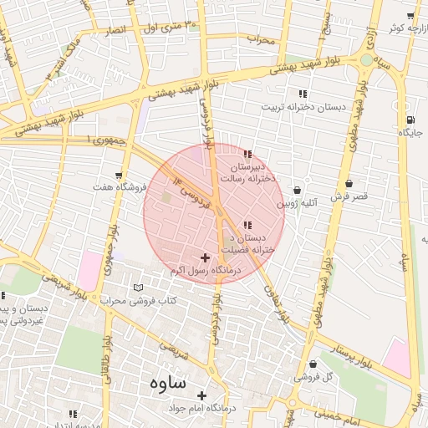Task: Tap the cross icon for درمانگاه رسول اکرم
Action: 206,257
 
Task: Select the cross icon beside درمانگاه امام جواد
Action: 201,395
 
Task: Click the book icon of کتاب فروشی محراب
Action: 139,288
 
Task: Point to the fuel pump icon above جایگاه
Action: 410,119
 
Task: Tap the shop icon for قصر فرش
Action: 349,184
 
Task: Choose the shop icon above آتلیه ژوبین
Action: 297,190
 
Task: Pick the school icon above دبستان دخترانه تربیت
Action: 302,94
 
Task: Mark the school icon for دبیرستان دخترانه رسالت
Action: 247,154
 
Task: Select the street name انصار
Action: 116,29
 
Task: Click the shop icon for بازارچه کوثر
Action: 410,16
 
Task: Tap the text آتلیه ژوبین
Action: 298,203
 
